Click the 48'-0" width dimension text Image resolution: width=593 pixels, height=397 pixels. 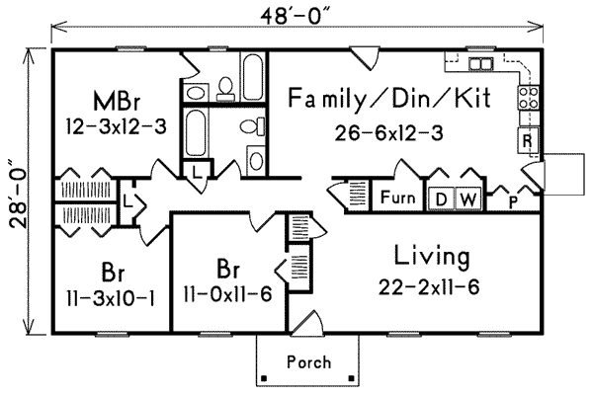coord(296,18)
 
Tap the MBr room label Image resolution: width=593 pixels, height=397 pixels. coord(116,102)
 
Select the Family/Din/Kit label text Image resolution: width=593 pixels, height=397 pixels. coord(381,98)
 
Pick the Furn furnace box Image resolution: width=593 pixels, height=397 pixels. coord(397,198)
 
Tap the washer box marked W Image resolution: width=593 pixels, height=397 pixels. coord(468,198)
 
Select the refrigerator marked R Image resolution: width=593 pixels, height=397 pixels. coord(527,140)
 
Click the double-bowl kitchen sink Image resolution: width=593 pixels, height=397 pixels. coord(481,65)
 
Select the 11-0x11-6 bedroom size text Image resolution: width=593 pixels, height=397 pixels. coord(227,293)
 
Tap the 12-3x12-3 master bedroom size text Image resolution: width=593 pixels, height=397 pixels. coord(115,127)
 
